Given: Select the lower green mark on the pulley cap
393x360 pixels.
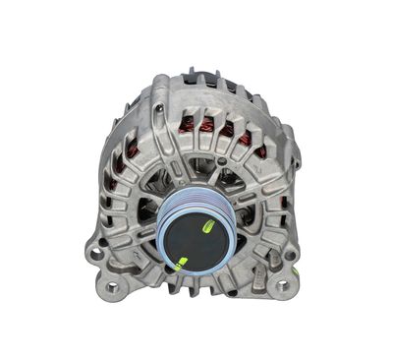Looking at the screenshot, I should [x=180, y=261].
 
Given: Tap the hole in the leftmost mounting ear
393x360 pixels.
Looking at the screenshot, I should [x=95, y=252].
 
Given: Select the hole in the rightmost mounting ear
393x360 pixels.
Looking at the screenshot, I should [x=292, y=255].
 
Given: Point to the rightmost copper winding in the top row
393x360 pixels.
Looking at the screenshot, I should [x=243, y=139].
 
